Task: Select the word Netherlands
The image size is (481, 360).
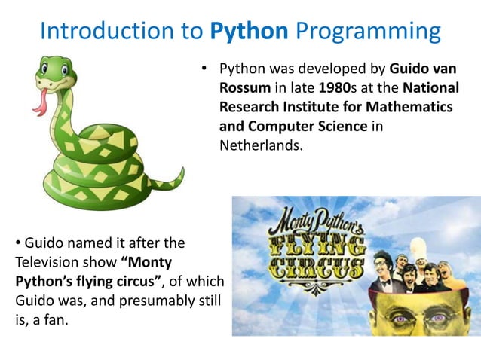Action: point(261,145)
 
